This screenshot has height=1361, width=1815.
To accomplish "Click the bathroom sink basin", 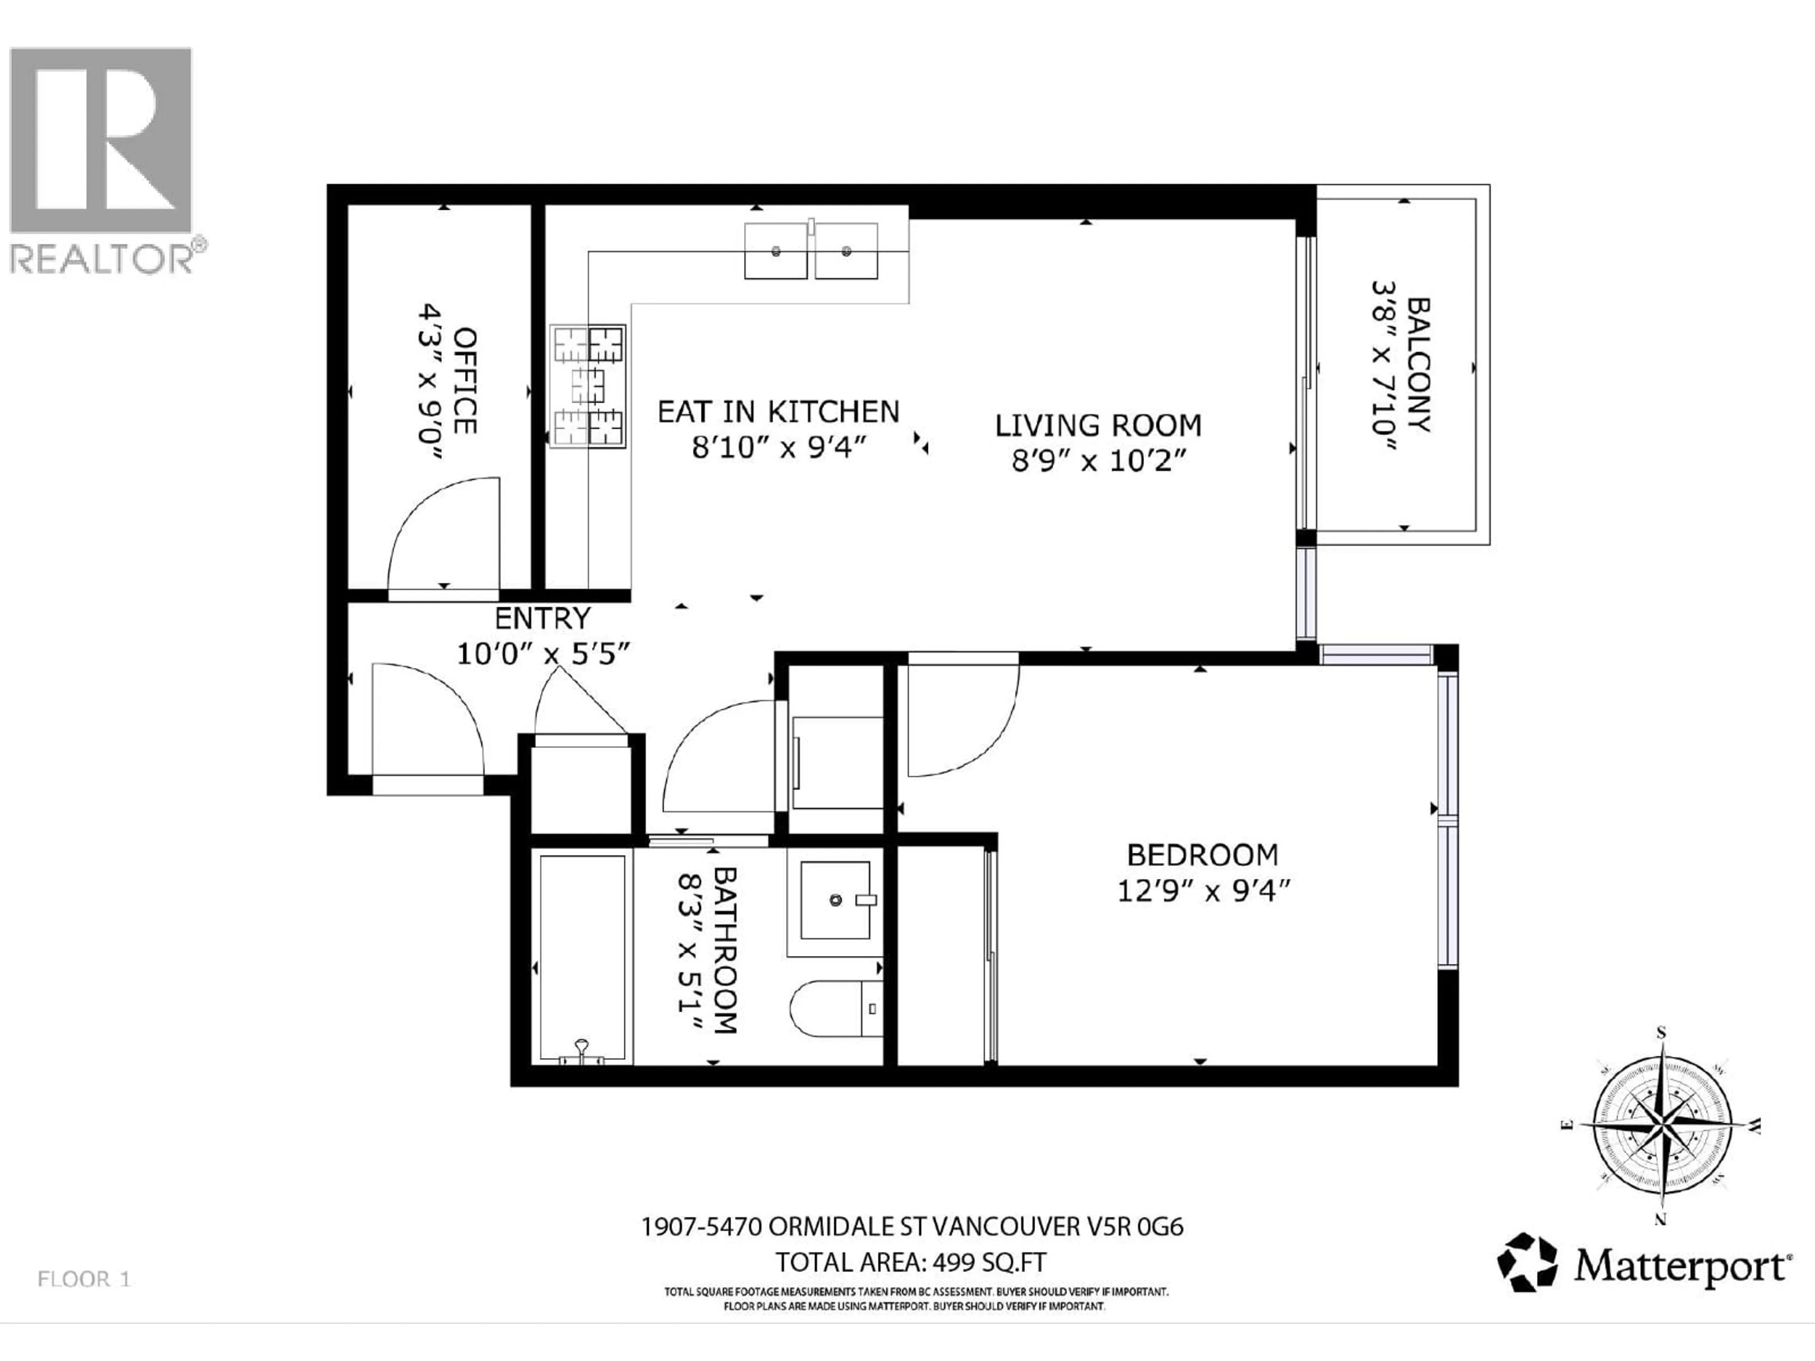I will tap(835, 900).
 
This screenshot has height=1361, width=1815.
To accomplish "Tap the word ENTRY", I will tap(542, 618).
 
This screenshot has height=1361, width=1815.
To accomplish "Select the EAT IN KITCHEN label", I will tap(778, 412).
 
